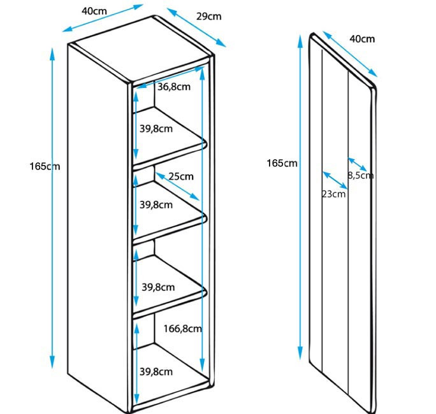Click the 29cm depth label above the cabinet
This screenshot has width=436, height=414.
[x=208, y=17]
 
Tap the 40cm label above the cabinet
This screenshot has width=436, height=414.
[x=94, y=11]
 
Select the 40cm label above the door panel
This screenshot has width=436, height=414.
[x=362, y=39]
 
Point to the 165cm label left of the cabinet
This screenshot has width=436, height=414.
[x=44, y=166]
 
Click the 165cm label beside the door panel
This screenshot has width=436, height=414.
[x=282, y=163]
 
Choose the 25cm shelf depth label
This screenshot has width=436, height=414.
[x=181, y=176]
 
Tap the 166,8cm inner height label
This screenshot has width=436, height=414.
[x=182, y=329]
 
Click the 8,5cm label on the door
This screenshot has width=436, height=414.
[x=361, y=175]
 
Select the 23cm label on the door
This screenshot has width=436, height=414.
[x=333, y=194]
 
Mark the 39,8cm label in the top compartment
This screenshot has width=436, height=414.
[x=156, y=129]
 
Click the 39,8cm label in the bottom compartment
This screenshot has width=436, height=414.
[x=156, y=371]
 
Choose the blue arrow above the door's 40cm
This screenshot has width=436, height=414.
[x=349, y=56]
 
